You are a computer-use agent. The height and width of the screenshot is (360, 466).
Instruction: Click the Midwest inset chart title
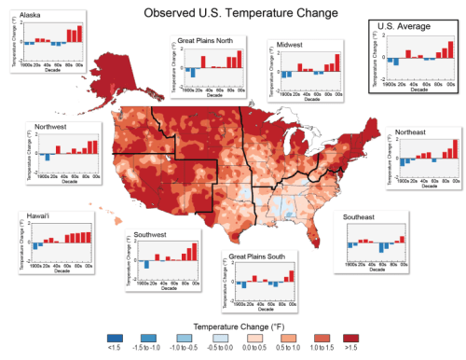click(x=290, y=44)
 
